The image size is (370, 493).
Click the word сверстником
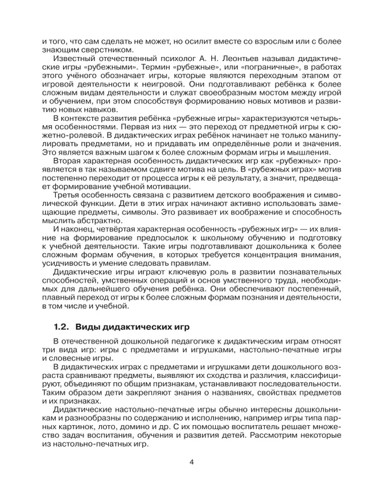pyautogui.click(x=84, y=49)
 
